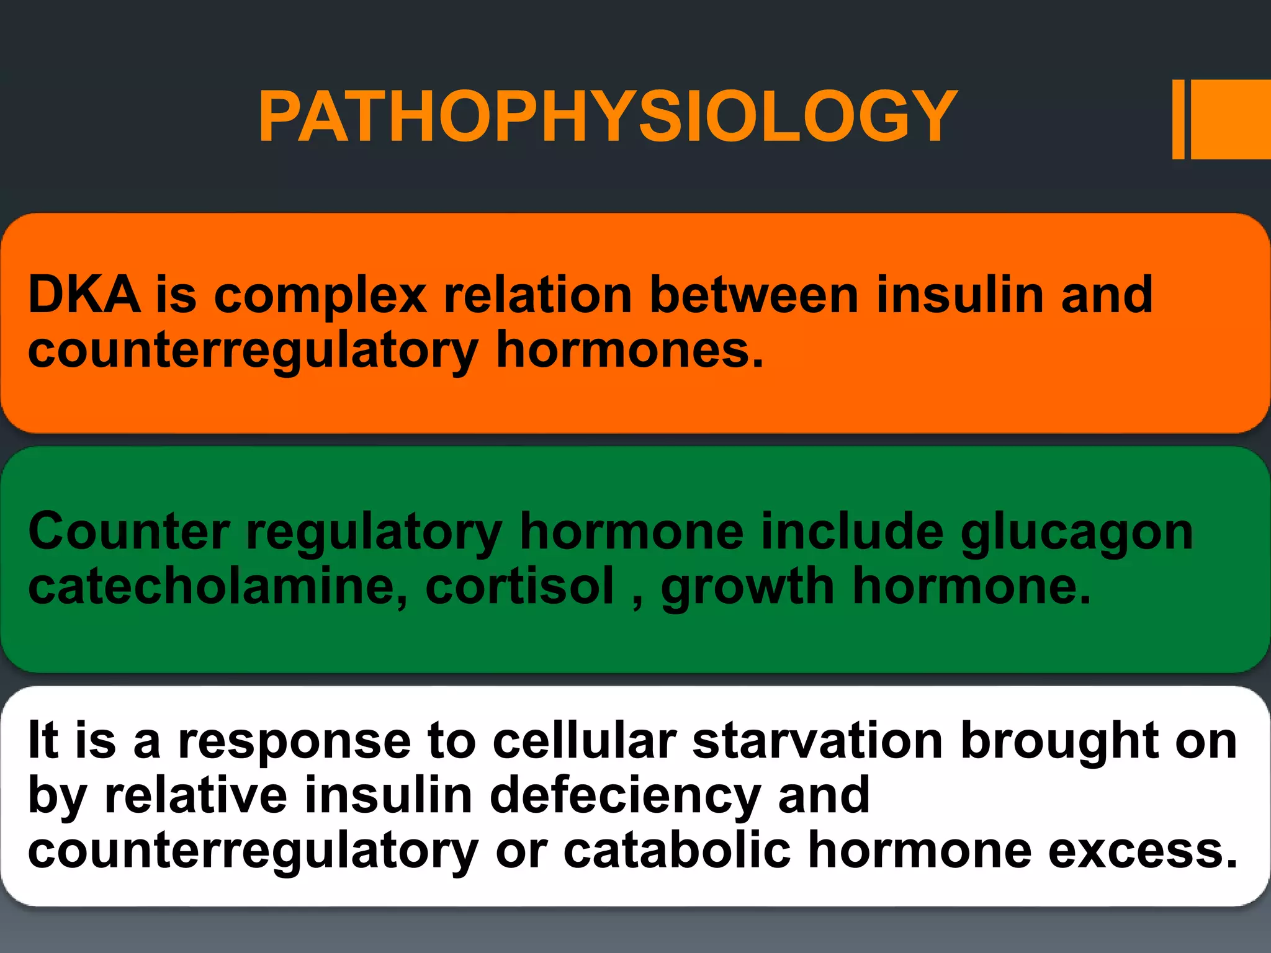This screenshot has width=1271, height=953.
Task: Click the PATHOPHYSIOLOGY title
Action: click(608, 117)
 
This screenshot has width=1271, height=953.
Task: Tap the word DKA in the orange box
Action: click(84, 295)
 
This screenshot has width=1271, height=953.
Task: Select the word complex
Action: click(320, 296)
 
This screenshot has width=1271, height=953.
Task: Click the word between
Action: click(754, 295)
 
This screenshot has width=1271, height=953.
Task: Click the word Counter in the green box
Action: click(129, 532)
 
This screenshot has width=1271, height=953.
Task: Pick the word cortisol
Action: click(519, 587)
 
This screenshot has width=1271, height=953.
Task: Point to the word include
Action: click(852, 532)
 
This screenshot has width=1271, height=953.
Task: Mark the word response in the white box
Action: click(294, 742)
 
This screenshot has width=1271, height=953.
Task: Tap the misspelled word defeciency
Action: click(624, 797)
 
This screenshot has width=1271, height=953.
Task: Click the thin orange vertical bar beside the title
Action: click(1178, 120)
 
